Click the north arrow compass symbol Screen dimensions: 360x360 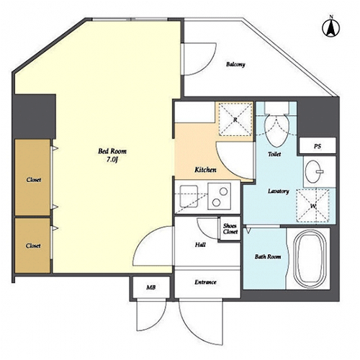point(330,27)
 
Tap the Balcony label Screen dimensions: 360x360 point(235,64)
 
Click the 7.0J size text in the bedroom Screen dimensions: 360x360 point(112,159)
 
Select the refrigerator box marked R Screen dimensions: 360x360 point(235,120)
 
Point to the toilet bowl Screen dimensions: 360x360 point(276,130)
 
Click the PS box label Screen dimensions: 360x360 point(318,146)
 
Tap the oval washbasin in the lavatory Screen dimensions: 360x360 point(313,171)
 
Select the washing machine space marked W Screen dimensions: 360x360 point(313,206)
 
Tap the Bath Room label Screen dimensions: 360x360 point(268,257)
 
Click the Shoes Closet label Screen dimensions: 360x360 point(230,229)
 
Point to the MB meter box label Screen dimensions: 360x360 point(151,287)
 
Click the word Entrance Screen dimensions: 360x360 point(205,282)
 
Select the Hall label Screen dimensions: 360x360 point(200,245)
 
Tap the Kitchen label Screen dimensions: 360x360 point(205,170)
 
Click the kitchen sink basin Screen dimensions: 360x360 point(189,197)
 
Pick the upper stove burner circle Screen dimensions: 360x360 point(223,192)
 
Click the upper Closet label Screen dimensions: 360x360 point(34,179)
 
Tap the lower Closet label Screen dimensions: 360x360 point(33,246)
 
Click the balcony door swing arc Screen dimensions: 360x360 point(210,64)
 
